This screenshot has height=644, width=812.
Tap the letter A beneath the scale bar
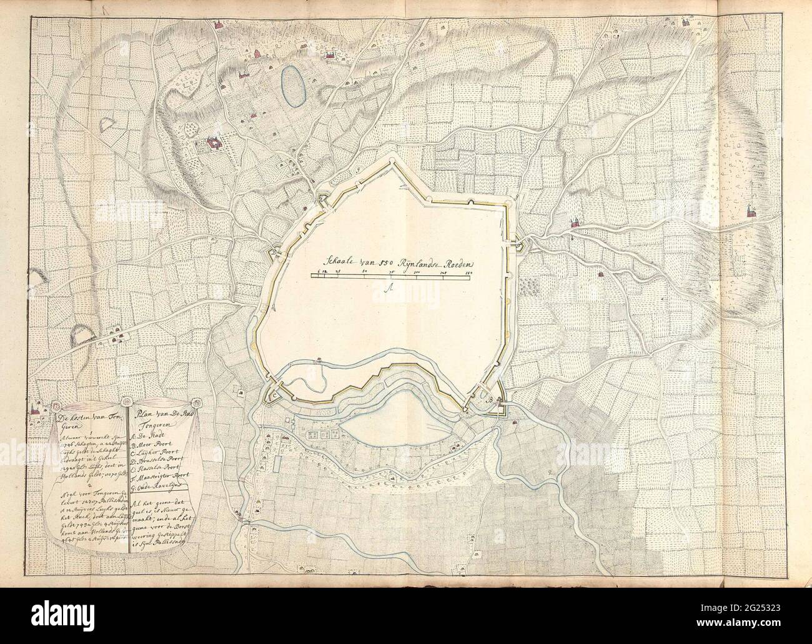388,288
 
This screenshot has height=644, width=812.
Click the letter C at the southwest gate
273,396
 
